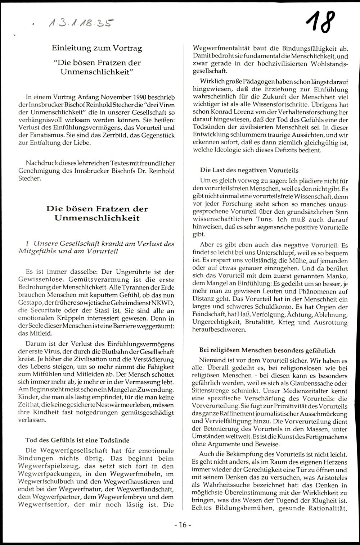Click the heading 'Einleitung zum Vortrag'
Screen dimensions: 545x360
tap(97, 48)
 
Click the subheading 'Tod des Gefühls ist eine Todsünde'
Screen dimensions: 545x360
tap(77, 440)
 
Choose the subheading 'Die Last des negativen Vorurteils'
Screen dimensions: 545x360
tap(249, 170)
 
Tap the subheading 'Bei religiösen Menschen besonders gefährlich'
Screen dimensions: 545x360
tap(267, 350)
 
